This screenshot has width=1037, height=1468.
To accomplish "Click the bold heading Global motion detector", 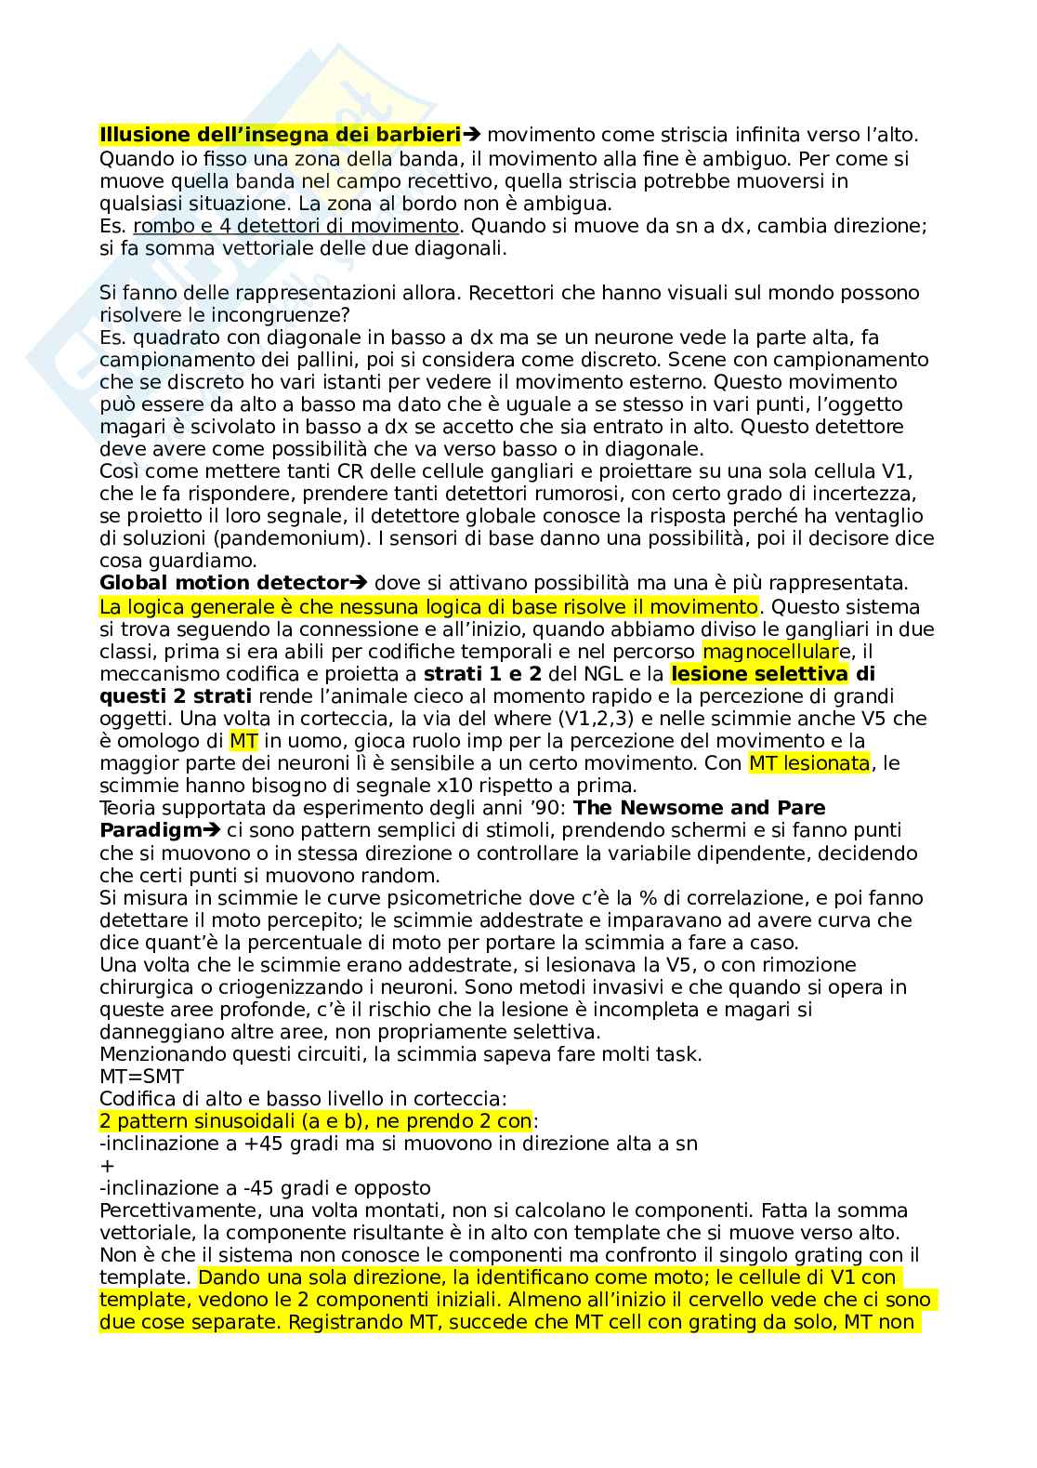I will [223, 584].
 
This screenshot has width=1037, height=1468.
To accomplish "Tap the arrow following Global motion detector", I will [358, 584].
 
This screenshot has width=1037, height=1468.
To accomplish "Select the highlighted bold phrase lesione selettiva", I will [758, 674].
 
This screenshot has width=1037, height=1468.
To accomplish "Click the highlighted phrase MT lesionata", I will [808, 763].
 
